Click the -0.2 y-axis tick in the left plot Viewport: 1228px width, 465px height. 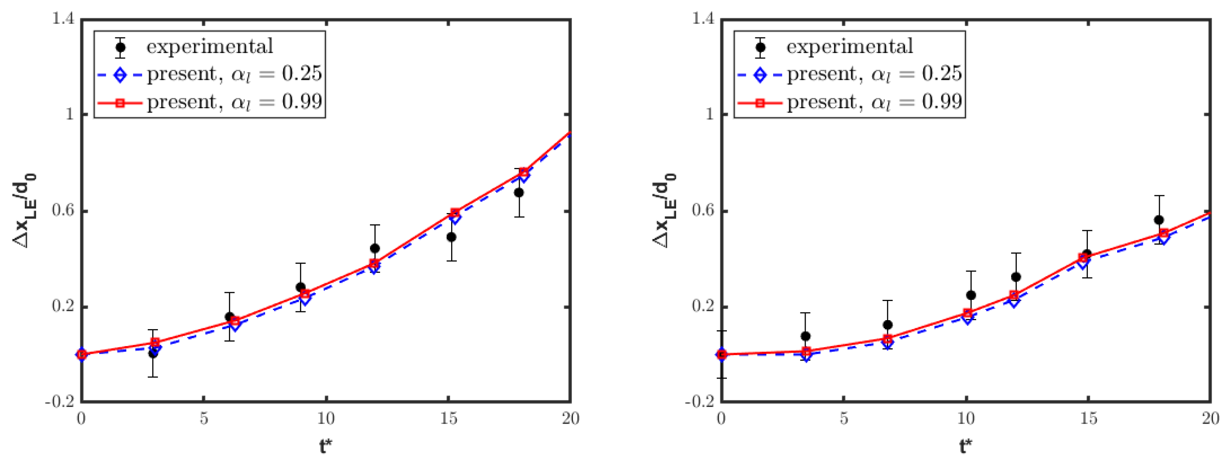point(60,402)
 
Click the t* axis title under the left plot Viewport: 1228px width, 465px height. point(326,447)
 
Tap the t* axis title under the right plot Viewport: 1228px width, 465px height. point(966,447)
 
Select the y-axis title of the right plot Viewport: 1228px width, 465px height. point(664,211)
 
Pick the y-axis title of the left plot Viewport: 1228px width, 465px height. point(24,211)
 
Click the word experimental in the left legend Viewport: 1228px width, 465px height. point(210,47)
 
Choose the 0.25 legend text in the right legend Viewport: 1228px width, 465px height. point(941,74)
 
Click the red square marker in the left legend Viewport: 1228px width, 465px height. point(120,102)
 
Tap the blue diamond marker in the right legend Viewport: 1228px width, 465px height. point(760,75)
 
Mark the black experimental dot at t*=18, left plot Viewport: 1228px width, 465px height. point(519,192)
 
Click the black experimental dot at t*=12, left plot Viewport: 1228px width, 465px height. point(375,248)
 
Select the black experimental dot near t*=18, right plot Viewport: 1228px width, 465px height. point(1159,220)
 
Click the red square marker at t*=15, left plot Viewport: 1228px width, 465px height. point(455,213)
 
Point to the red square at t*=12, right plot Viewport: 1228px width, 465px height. point(1014,295)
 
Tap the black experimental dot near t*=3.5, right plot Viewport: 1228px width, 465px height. point(806,336)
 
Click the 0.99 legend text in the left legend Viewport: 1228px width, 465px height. point(302,101)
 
